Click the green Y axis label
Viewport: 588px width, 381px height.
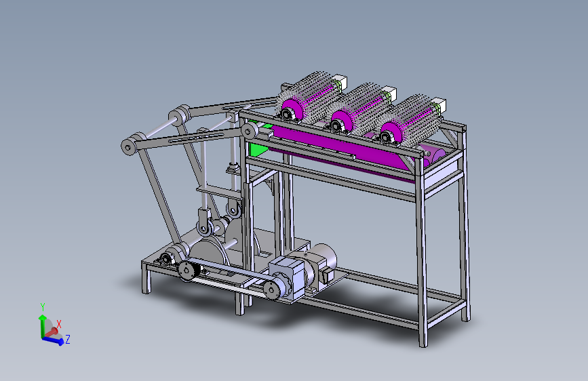point(43,307)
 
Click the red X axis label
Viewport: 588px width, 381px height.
point(59,324)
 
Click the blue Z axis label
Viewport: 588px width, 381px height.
point(68,340)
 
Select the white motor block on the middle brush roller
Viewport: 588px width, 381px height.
point(390,94)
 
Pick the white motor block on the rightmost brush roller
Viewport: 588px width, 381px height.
point(439,105)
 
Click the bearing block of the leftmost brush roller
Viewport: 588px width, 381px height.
point(288,115)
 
